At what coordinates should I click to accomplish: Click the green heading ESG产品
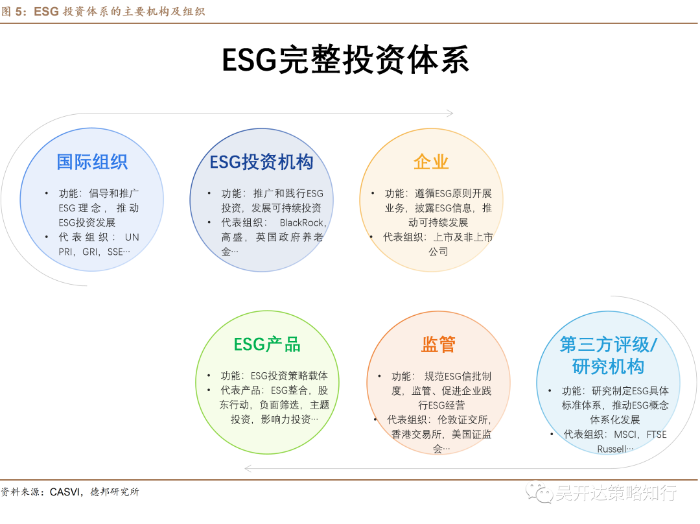click(x=267, y=344)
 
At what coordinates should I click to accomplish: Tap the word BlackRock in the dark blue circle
click(x=303, y=222)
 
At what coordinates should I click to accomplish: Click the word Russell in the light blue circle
click(x=612, y=449)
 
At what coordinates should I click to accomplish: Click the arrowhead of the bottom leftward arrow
click(x=248, y=468)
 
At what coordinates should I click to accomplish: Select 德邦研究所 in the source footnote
click(x=115, y=492)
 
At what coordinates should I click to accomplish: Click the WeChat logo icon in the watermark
click(x=539, y=493)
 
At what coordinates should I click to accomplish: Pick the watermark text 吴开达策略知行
click(x=615, y=493)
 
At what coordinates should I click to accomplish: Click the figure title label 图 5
click(x=14, y=11)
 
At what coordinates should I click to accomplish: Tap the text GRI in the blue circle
click(x=90, y=252)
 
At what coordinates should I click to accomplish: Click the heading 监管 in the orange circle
click(x=438, y=344)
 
